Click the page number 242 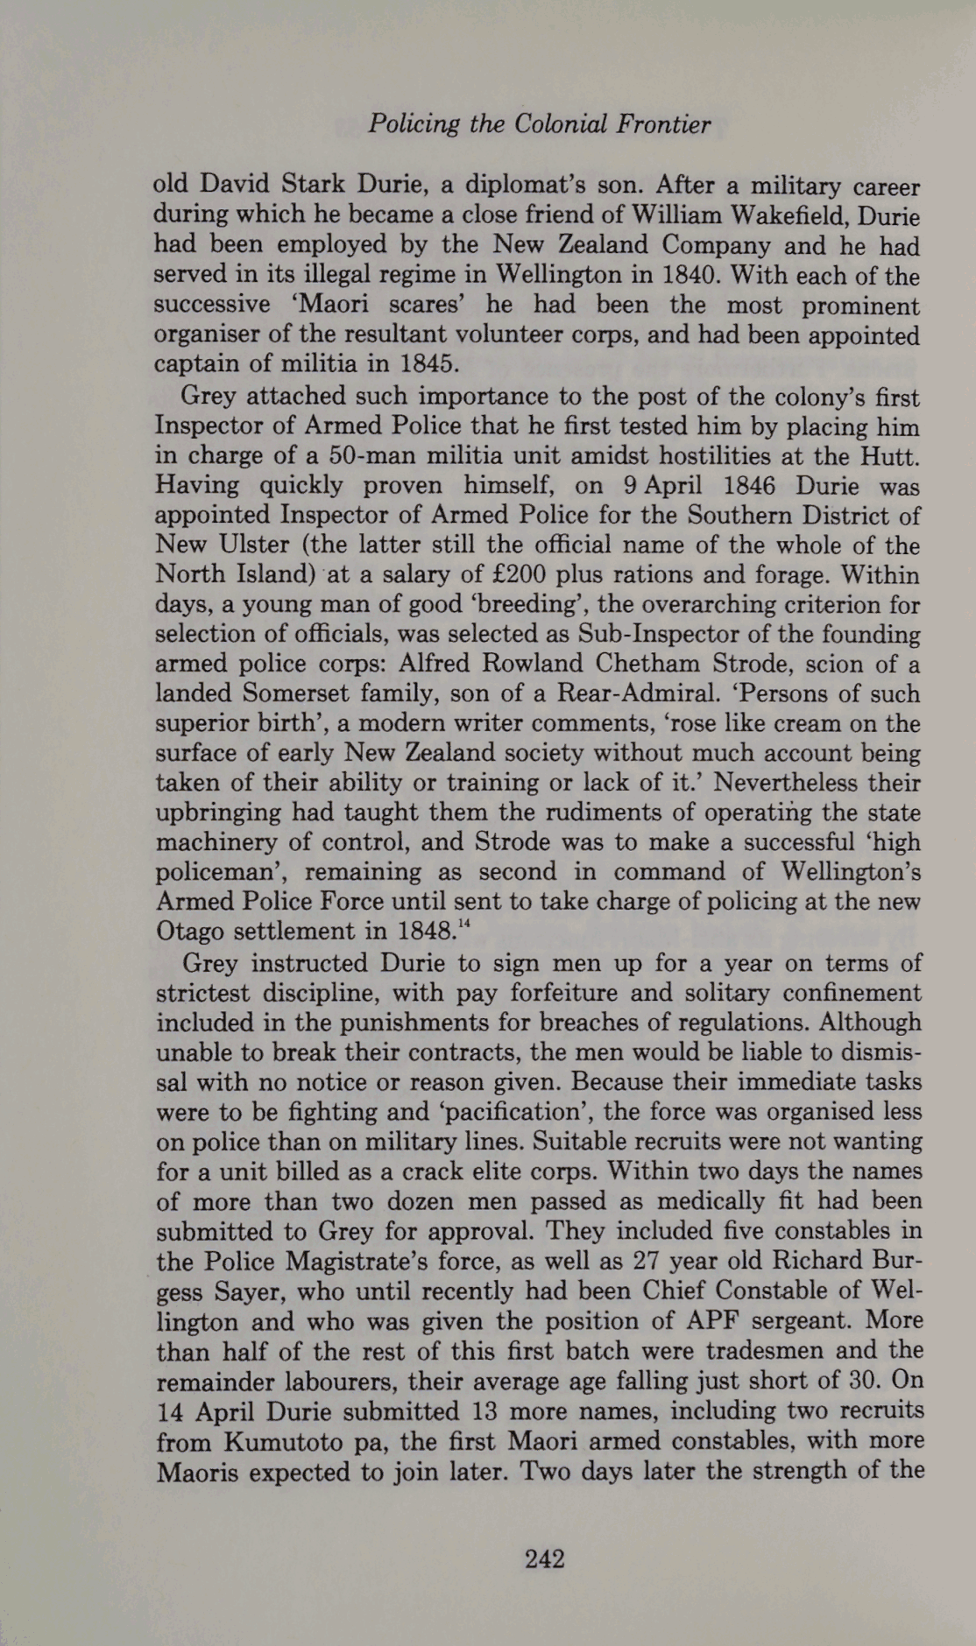pyautogui.click(x=544, y=1558)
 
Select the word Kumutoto pyautogui.click(x=287, y=1441)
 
